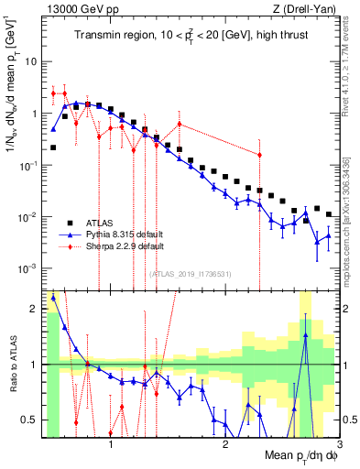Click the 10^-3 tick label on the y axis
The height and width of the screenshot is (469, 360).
[x=26, y=268]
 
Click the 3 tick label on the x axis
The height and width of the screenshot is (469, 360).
[x=339, y=446]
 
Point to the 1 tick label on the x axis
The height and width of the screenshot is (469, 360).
[x=111, y=446]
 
